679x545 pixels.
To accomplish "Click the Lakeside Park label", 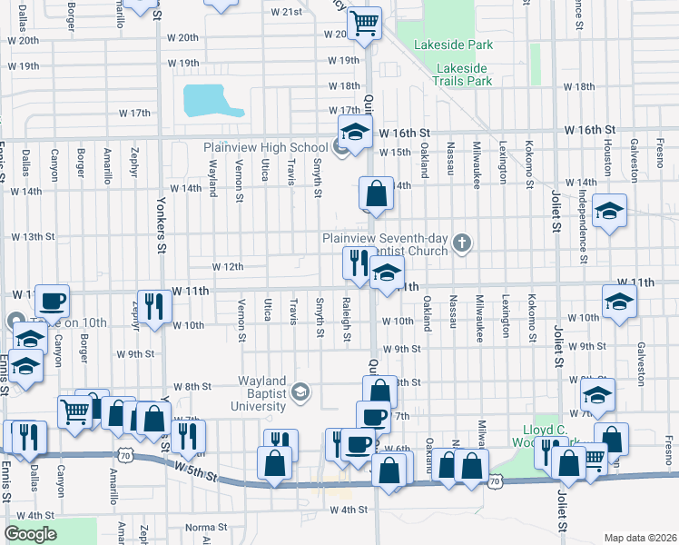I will [x=452, y=44].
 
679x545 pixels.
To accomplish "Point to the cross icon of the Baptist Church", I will [x=462, y=242].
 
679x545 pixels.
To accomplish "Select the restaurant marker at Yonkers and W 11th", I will [x=153, y=305].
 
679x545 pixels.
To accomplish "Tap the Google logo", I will [x=30, y=534].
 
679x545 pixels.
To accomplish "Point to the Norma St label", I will [x=205, y=528].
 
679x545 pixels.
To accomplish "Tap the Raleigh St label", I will [x=347, y=318].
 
